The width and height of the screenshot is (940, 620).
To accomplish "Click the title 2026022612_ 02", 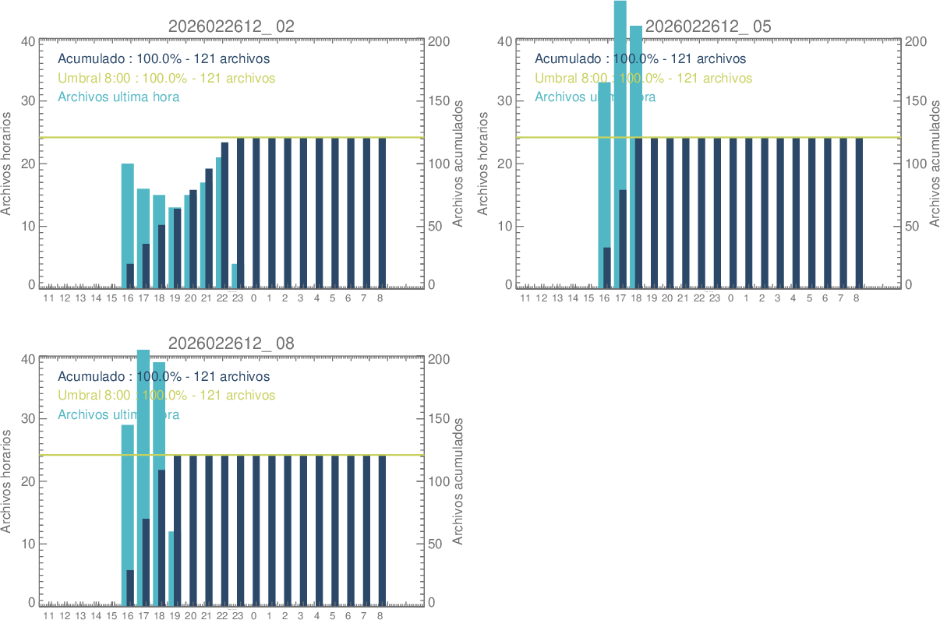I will [231, 26].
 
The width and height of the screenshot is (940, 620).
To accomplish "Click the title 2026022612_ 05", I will [708, 26].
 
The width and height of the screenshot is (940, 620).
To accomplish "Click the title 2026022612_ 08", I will [231, 343].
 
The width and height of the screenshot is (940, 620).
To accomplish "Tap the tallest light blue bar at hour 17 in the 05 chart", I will [620, 93].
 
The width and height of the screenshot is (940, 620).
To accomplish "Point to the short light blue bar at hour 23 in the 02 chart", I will [234, 276].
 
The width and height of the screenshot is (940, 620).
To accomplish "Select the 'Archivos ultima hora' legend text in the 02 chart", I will [118, 97].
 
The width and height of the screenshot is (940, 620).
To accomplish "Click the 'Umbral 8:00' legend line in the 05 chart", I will [643, 79].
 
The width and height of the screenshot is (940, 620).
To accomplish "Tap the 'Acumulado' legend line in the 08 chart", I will [164, 377].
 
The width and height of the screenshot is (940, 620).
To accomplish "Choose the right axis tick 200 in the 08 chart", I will [438, 359].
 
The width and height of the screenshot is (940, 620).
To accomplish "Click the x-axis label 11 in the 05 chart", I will [525, 298].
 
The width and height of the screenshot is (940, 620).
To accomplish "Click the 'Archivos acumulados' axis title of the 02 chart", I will [458, 164].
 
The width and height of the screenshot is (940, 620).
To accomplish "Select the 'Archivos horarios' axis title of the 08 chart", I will [7, 481].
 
